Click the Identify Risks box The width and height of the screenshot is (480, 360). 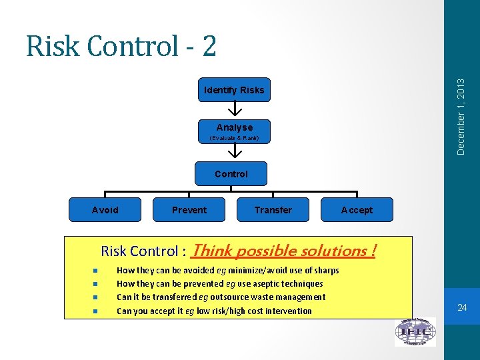coord(234,90)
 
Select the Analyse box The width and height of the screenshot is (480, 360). coord(234,127)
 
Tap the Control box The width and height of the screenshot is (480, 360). coord(231,174)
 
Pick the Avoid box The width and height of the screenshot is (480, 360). coord(105,210)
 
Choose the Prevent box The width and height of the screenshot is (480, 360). coord(189,210)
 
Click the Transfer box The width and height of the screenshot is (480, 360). coord(273,210)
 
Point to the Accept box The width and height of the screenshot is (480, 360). coord(357,210)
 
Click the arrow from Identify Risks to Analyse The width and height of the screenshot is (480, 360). coord(235,108)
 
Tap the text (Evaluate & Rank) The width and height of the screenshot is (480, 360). coord(234,139)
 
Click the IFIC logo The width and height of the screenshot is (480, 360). coord(415,332)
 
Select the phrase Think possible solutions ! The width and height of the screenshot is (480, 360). coord(283,251)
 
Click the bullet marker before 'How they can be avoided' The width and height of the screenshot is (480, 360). coord(96,271)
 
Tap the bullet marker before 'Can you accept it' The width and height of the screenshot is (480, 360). coord(96,311)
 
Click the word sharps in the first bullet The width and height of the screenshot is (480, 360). coord(326,271)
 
